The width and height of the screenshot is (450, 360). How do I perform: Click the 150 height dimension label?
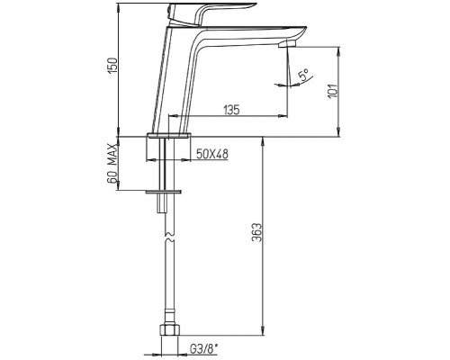pos(113,66)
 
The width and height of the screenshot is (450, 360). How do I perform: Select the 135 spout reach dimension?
pos(231,110)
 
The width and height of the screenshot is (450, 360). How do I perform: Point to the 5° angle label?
pos(303,75)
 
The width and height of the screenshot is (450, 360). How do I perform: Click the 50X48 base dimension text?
pos(212,154)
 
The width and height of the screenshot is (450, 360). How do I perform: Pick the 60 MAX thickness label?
pos(112,163)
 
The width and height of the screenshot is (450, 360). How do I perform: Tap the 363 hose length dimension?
pos(257,232)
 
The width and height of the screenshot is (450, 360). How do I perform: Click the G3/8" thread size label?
pos(203,349)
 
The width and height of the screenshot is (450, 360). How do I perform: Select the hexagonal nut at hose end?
pos(169,330)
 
